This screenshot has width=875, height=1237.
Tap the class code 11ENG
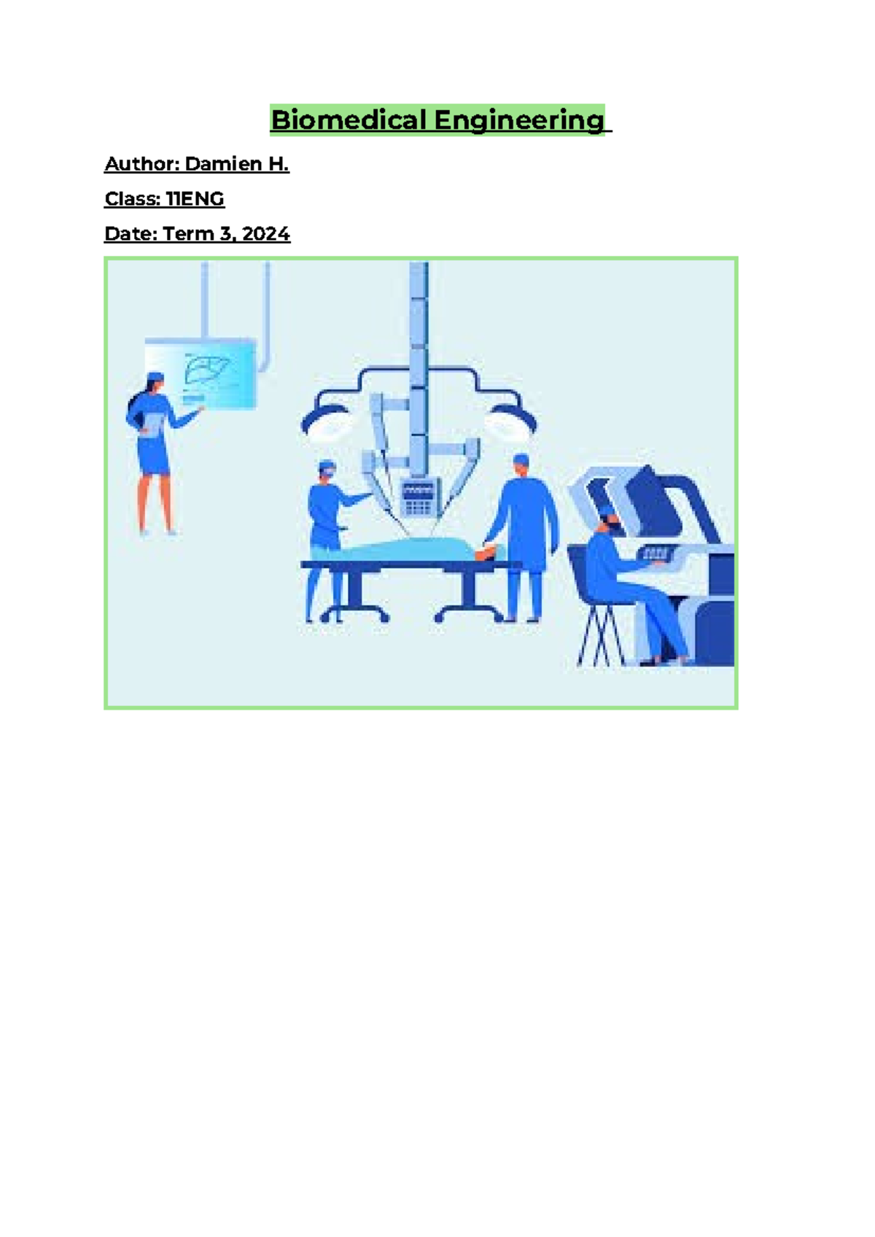(195, 199)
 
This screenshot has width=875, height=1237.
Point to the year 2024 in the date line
(265, 234)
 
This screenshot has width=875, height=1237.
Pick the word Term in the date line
(187, 234)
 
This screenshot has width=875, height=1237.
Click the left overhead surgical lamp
(324, 419)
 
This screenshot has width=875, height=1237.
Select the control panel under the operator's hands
(656, 556)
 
